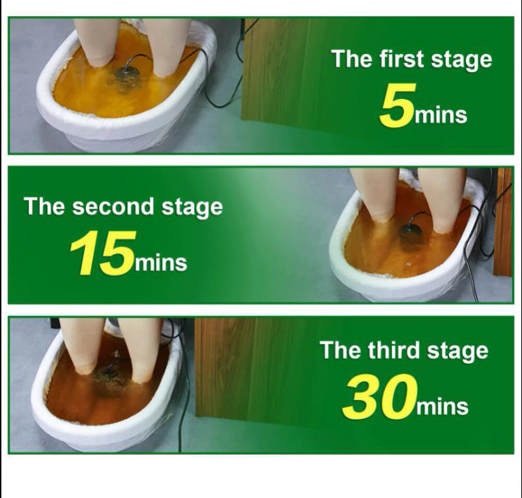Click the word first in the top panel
(402, 59)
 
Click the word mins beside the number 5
(441, 115)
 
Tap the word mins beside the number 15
(161, 263)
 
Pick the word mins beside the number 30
(443, 406)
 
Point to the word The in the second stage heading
(44, 206)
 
